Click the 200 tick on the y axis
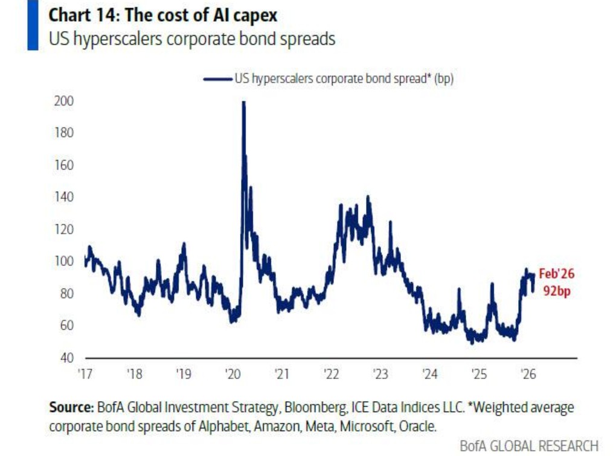pyautogui.click(x=65, y=101)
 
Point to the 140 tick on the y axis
pyautogui.click(x=65, y=197)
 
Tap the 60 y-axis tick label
pyautogui.click(x=66, y=326)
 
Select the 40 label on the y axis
pyautogui.click(x=66, y=358)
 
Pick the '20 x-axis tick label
pyautogui.click(x=233, y=374)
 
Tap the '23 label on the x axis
pyautogui.click(x=380, y=374)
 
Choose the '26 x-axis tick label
pyautogui.click(x=528, y=374)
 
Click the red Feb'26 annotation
pyautogui.click(x=556, y=274)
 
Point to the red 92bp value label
pyautogui.click(x=556, y=291)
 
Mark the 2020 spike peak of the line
pyautogui.click(x=243, y=103)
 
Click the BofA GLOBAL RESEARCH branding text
pyautogui.click(x=529, y=446)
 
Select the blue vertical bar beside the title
pyautogui.click(x=33, y=25)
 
